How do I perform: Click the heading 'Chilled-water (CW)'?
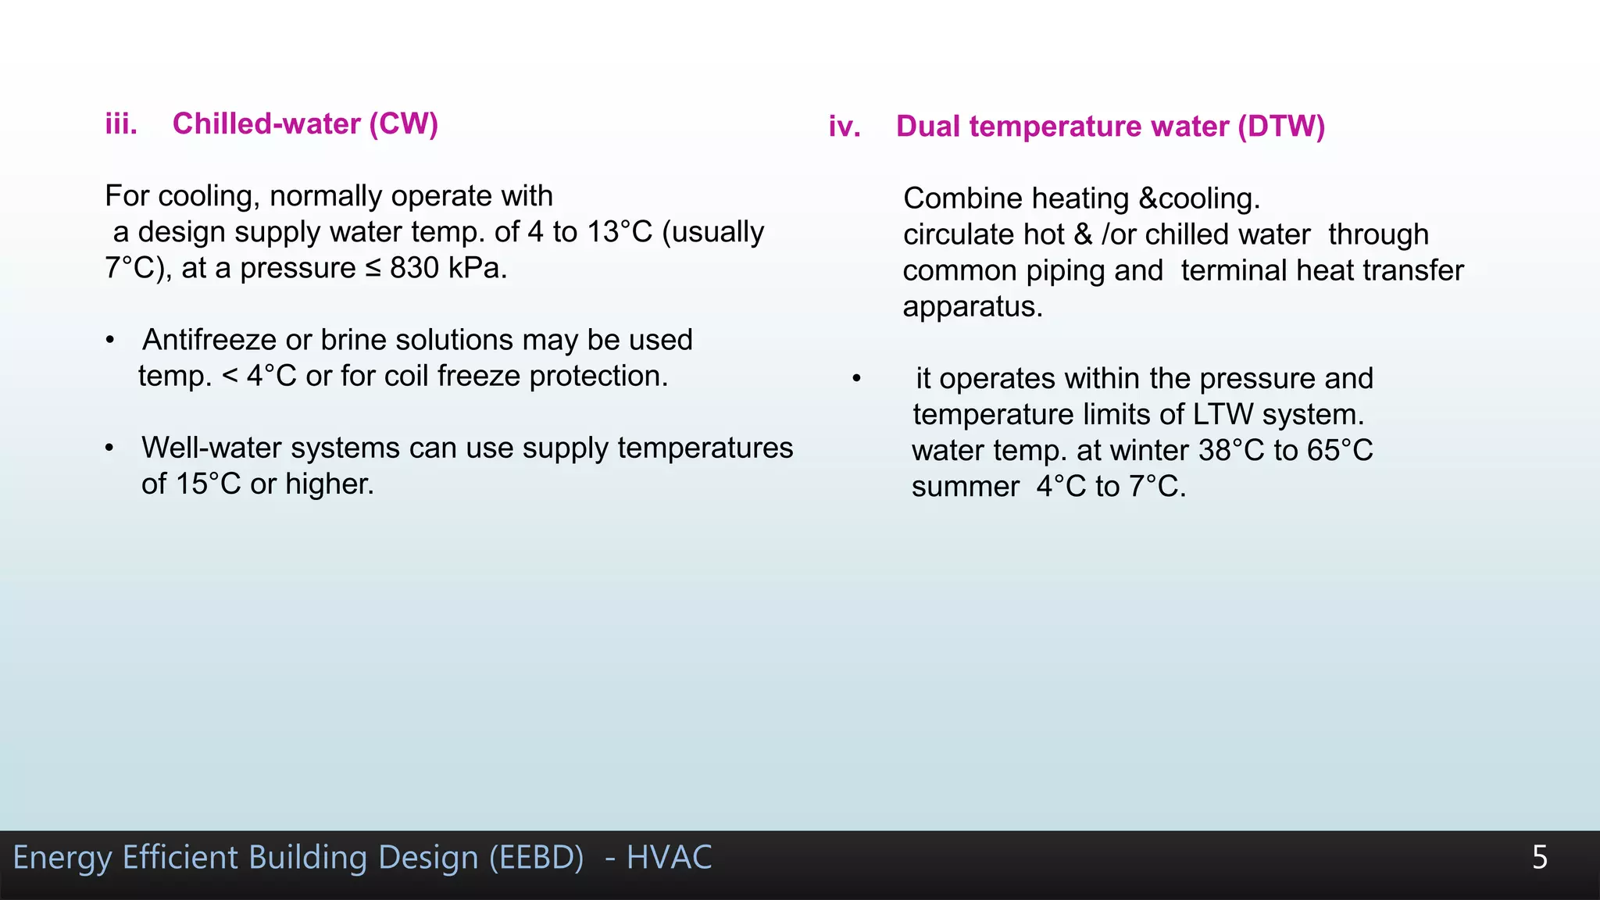(305, 124)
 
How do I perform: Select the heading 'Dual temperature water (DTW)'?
(1110, 127)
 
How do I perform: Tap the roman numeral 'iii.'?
(121, 124)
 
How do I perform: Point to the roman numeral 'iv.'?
(845, 127)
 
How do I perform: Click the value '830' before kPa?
(414, 268)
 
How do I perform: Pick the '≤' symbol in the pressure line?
(373, 269)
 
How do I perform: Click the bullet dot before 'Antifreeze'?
(110, 341)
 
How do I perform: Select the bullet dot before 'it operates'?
(856, 380)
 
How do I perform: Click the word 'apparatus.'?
(973, 306)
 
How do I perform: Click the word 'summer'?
(965, 487)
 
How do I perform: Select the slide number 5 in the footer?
(1539, 858)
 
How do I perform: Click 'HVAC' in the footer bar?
(669, 858)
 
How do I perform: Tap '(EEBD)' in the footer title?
(537, 858)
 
